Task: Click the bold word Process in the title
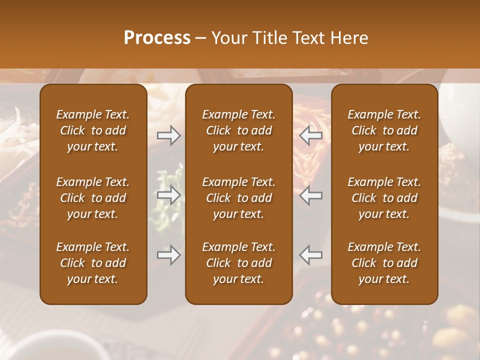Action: pyautogui.click(x=157, y=38)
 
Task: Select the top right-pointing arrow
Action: pyautogui.click(x=169, y=135)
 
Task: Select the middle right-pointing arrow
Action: pyautogui.click(x=169, y=195)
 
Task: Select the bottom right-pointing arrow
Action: pyautogui.click(x=169, y=255)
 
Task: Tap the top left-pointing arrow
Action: pyautogui.click(x=311, y=135)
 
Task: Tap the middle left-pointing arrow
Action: pyautogui.click(x=311, y=195)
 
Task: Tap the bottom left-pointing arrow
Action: pyautogui.click(x=311, y=255)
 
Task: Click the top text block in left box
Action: pyautogui.click(x=93, y=130)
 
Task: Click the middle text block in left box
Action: pyautogui.click(x=93, y=198)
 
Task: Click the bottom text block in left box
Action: pyautogui.click(x=93, y=263)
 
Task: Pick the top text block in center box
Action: pyautogui.click(x=238, y=130)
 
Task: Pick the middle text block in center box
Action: pyautogui.click(x=238, y=198)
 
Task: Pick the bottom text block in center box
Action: pyautogui.click(x=238, y=263)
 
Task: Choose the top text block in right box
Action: pyautogui.click(x=384, y=130)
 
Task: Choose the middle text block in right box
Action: pyautogui.click(x=384, y=198)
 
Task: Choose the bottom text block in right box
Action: pyautogui.click(x=384, y=263)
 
